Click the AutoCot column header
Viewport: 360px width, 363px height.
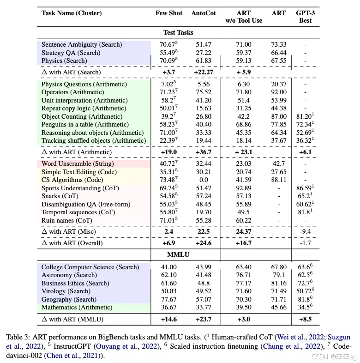click(x=204, y=13)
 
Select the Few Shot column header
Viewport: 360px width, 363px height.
click(x=169, y=13)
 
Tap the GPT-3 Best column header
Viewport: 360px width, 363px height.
click(x=305, y=17)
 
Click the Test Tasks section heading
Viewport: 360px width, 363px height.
click(x=178, y=32)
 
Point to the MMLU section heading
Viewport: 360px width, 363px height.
click(x=178, y=254)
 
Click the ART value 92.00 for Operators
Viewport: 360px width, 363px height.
click(x=279, y=92)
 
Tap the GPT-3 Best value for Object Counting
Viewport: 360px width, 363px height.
click(x=305, y=116)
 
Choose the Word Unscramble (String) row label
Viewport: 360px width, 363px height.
click(x=78, y=164)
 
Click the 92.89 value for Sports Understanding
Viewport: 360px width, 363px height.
click(x=243, y=188)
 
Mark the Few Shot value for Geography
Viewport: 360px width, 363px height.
click(x=169, y=299)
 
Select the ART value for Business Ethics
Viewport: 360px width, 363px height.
click(x=279, y=283)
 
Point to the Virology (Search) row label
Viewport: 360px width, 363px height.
click(x=66, y=291)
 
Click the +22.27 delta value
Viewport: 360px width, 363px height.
click(x=204, y=72)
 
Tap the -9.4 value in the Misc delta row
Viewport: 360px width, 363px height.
click(x=305, y=231)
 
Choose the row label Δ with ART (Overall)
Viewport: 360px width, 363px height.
click(x=72, y=243)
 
